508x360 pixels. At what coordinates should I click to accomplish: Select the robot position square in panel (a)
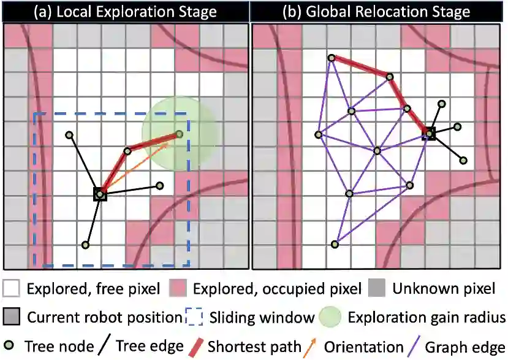click(100, 194)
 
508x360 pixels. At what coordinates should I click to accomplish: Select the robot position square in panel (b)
click(430, 132)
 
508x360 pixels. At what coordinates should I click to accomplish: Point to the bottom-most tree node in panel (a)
click(86, 245)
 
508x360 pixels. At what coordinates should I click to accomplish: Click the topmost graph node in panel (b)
click(332, 58)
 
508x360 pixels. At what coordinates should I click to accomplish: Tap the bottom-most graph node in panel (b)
click(335, 244)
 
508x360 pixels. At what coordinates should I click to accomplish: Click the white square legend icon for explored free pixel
click(12, 288)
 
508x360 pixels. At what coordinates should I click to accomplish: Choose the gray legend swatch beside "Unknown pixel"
click(377, 288)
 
